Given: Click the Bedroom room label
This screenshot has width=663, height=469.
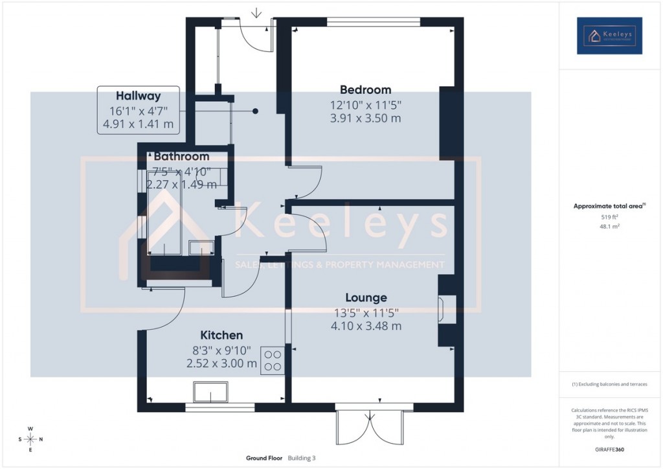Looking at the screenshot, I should (366, 90).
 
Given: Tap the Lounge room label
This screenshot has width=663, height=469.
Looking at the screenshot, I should (366, 297).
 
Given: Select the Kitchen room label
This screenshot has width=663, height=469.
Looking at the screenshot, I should (221, 335).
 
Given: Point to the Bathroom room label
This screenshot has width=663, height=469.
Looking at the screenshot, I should (181, 157).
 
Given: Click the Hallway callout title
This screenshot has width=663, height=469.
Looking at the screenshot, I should (138, 96).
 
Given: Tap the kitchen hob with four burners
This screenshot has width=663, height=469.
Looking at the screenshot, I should (273, 361).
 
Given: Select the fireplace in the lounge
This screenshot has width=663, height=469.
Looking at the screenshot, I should (442, 309).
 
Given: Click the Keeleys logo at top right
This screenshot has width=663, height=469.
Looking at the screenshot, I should (609, 35).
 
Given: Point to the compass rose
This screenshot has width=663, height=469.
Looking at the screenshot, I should (30, 439).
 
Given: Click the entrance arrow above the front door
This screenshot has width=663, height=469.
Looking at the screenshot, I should (257, 12).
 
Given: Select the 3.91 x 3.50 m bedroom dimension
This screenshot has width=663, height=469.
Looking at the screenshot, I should (366, 119).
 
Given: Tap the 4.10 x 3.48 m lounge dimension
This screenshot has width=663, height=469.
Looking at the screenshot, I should (366, 326).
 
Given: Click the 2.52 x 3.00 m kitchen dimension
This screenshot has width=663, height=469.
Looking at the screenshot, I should (221, 363).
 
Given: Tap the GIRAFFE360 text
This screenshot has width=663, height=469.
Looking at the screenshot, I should (609, 449).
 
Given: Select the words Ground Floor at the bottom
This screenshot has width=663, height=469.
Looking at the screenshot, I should (264, 458).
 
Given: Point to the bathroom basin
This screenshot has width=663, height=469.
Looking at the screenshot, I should (201, 247).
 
